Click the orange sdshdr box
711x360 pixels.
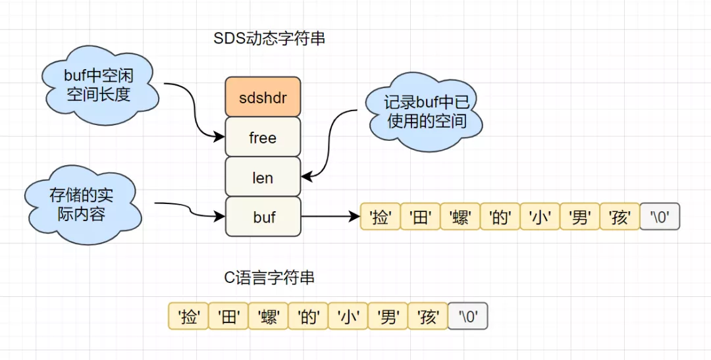click(263, 97)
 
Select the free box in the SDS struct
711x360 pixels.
click(263, 138)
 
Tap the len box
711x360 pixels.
click(263, 178)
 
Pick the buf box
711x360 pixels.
click(263, 217)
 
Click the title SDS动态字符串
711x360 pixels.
click(269, 39)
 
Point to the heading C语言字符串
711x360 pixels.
click(269, 278)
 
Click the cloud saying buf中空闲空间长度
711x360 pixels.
click(99, 84)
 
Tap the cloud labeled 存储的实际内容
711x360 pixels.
click(80, 204)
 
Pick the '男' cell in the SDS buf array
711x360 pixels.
click(580, 217)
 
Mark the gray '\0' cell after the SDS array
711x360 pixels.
click(659, 217)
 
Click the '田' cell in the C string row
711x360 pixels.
click(228, 317)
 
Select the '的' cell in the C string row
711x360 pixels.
click(309, 317)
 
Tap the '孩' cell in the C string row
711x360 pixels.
click(428, 317)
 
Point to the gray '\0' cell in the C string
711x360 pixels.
click(468, 317)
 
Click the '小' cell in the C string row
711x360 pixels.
click(348, 317)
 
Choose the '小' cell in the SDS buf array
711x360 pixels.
click(540, 217)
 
